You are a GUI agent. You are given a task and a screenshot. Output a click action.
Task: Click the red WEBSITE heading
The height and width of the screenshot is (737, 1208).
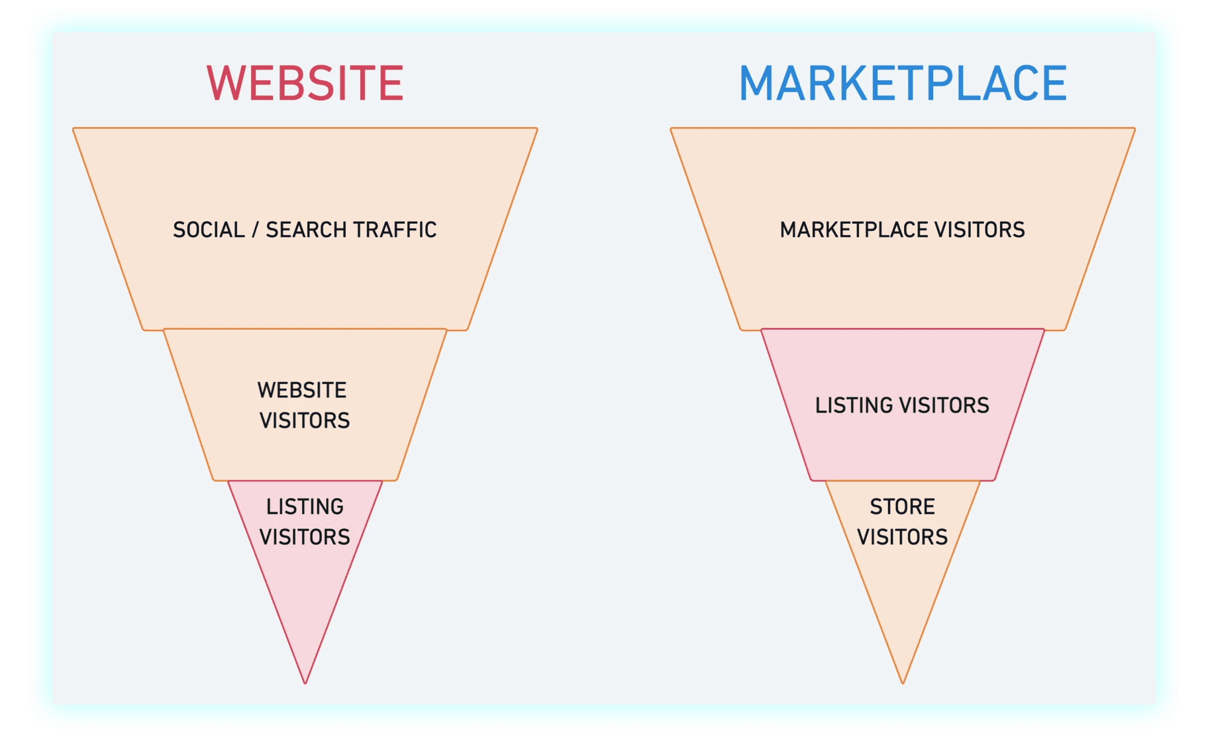(305, 83)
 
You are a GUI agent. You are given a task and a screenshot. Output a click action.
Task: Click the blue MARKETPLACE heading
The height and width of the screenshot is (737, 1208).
(903, 83)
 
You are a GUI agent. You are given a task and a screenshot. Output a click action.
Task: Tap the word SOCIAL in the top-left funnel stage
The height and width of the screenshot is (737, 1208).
(209, 230)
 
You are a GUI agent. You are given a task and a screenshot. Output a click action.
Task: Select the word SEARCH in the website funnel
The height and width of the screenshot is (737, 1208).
(306, 230)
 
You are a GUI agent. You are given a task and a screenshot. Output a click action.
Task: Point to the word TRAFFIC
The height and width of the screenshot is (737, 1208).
(394, 230)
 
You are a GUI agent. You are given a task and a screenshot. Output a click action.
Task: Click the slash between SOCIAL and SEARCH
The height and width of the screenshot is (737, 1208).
(255, 230)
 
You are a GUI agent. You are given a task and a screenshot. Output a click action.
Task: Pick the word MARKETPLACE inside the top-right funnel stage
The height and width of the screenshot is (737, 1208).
(854, 230)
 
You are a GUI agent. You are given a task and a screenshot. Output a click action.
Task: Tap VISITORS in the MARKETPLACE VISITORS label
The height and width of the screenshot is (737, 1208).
(980, 230)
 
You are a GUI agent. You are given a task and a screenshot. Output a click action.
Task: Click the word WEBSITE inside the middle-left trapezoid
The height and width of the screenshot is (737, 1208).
(302, 390)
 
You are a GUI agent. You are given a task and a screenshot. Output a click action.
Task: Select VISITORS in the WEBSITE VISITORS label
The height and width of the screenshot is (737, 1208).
(305, 420)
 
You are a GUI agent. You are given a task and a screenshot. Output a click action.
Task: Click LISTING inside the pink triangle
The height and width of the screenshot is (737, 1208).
(305, 507)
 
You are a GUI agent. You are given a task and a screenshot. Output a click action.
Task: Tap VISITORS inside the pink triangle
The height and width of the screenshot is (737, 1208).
(305, 537)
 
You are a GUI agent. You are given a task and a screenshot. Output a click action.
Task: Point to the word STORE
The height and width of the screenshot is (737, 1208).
(902, 507)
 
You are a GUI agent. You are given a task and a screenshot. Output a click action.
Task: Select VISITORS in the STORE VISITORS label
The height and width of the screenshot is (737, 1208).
(902, 537)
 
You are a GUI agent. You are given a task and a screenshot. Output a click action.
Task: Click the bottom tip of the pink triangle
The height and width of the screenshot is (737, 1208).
(306, 681)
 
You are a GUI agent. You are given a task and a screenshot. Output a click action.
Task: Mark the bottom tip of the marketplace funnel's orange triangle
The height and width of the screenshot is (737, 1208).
(903, 681)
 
